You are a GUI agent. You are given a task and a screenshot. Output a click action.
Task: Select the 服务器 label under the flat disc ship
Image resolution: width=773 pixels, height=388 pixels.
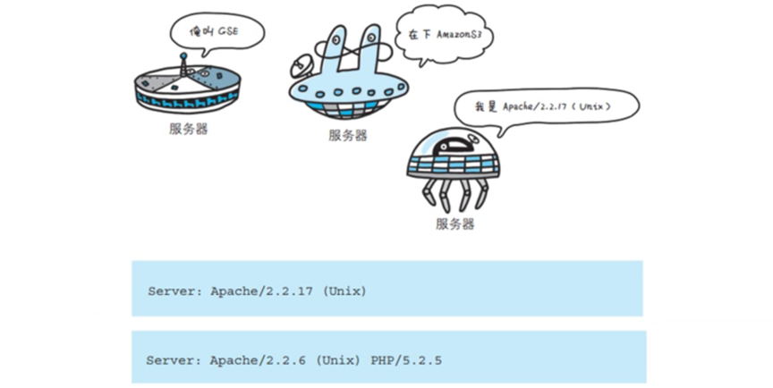pyautogui.click(x=188, y=128)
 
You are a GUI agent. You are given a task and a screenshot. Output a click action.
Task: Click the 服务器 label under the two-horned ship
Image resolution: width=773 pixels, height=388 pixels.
pyautogui.click(x=347, y=136)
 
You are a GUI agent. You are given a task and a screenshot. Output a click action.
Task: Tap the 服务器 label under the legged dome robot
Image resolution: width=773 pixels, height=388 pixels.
pyautogui.click(x=455, y=224)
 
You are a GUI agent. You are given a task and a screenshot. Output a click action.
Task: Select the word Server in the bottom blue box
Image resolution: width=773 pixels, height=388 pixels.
pyautogui.click(x=169, y=360)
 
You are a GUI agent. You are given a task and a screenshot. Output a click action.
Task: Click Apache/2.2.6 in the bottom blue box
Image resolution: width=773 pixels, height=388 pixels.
pyautogui.click(x=252, y=360)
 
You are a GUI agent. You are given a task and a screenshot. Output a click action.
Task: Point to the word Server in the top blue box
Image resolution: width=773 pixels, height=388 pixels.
pyautogui.click(x=169, y=291)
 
